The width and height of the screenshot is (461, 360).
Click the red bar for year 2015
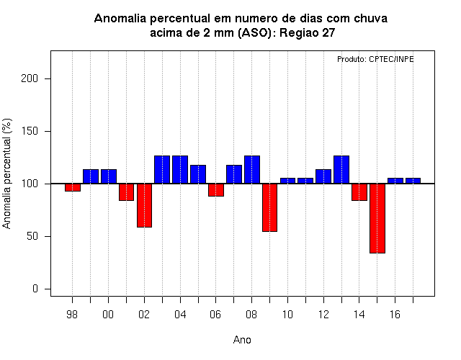pyautogui.click(x=377, y=218)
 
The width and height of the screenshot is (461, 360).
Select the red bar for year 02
pyautogui.click(x=144, y=205)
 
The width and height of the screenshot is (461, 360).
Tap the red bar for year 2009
pyautogui.click(x=269, y=207)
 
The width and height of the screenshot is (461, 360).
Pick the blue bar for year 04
pyautogui.click(x=180, y=170)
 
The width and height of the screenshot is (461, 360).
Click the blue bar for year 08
pyautogui.click(x=252, y=170)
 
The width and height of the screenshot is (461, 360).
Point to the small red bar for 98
pyautogui.click(x=73, y=187)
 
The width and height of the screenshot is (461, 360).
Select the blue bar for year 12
pyautogui.click(x=323, y=176)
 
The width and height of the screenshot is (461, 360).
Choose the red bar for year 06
pyautogui.click(x=216, y=189)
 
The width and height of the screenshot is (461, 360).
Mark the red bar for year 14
pyautogui.click(x=359, y=192)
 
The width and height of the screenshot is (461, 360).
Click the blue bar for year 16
pyautogui.click(x=395, y=181)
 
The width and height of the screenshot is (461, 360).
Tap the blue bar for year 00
pyautogui.click(x=109, y=176)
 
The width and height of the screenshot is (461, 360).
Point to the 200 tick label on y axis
pyautogui.click(x=30, y=78)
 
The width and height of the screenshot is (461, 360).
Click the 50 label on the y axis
pyautogui.click(x=32, y=236)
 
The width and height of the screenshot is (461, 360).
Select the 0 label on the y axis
pyautogui.click(x=35, y=289)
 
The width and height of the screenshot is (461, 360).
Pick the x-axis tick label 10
pyautogui.click(x=287, y=315)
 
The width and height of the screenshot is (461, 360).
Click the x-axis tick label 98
pyautogui.click(x=72, y=315)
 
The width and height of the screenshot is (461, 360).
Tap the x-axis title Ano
pyautogui.click(x=242, y=340)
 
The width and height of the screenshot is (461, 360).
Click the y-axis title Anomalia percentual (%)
pyautogui.click(x=6, y=174)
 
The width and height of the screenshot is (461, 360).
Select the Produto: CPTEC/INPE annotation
pyautogui.click(x=375, y=59)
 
